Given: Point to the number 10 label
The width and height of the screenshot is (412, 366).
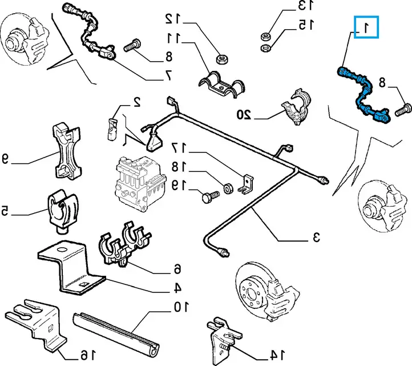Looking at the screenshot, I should (180, 307).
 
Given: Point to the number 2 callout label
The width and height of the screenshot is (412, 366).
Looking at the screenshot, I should (137, 102).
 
